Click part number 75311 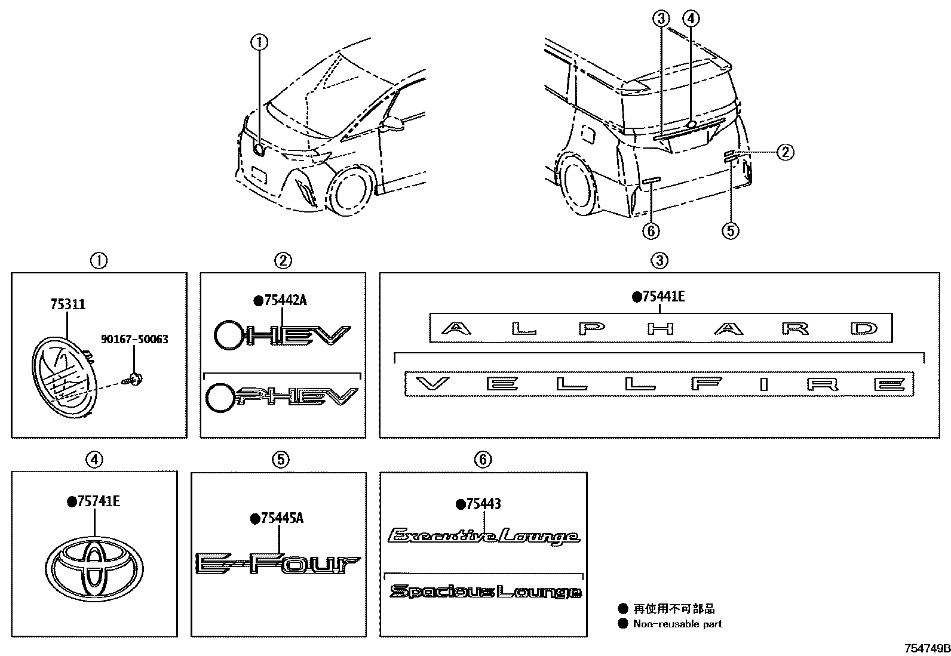[x=67, y=304]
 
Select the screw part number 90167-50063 [x=134, y=339]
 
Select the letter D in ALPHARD [x=864, y=328]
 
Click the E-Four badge [x=278, y=563]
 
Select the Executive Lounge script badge [x=483, y=537]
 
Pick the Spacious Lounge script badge [x=485, y=592]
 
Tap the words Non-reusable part [x=677, y=624]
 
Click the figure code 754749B [x=927, y=648]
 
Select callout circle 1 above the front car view [x=259, y=42]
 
